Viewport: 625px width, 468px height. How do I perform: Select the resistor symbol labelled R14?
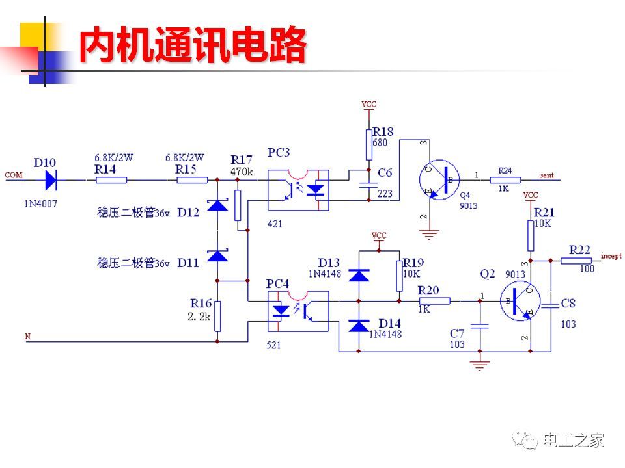(111, 179)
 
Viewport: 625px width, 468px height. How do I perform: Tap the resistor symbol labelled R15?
(193, 179)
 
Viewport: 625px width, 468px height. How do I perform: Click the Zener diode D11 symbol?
(217, 255)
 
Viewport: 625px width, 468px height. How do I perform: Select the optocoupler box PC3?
(298, 190)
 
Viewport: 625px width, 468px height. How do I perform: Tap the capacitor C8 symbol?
(551, 303)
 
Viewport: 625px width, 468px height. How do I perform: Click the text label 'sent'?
(547, 175)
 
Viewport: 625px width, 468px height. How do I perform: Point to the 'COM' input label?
(13, 175)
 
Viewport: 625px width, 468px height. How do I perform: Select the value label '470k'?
(241, 172)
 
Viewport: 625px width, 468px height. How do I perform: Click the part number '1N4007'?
(40, 203)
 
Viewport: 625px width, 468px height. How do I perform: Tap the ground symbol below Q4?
(428, 233)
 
